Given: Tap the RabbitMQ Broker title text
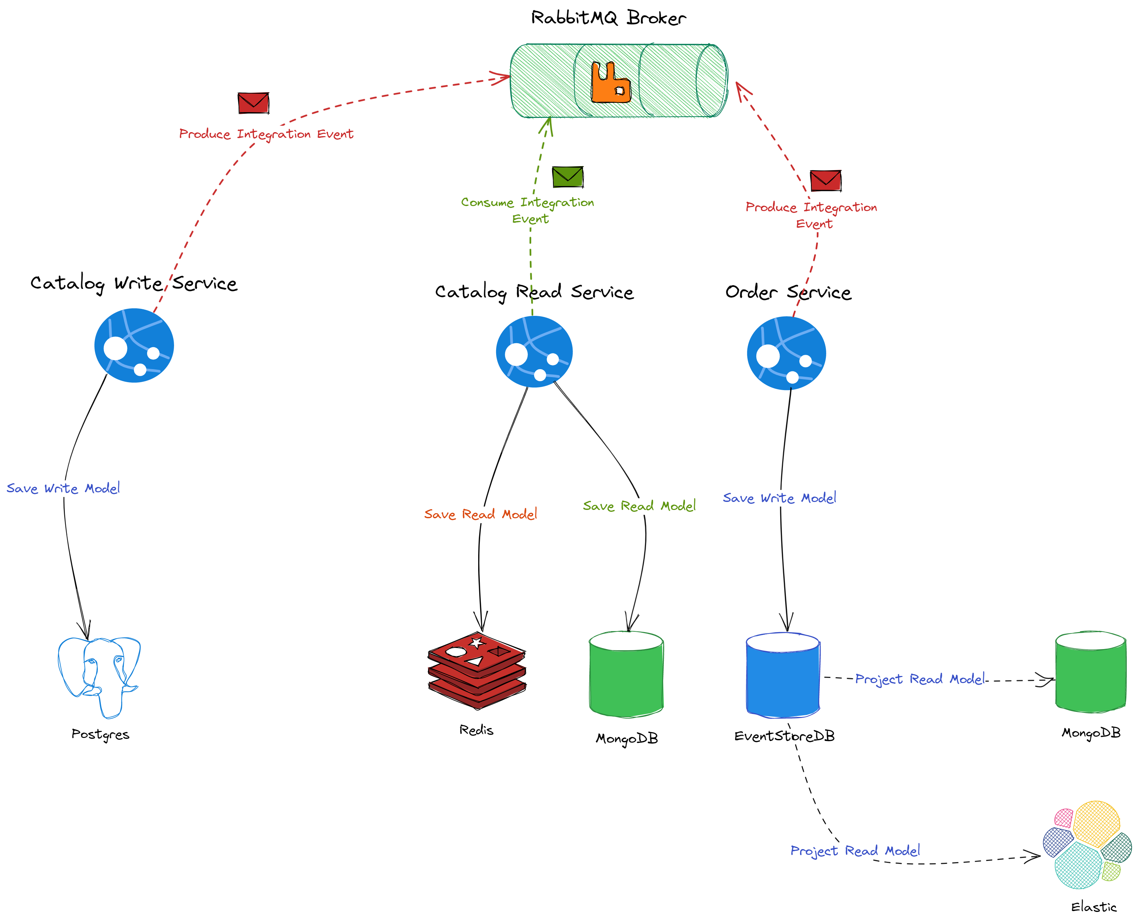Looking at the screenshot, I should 609,18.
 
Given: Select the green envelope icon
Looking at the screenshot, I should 568,176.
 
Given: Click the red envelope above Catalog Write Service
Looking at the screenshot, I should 253,103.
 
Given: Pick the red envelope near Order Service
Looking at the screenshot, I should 826,181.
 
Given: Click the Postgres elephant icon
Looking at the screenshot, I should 99,676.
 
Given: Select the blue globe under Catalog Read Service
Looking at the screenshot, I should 534,351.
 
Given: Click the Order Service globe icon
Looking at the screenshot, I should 786,353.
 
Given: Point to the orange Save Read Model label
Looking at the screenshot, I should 480,514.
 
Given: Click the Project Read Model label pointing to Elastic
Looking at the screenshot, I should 855,851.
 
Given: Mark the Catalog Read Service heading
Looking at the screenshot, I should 534,292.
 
